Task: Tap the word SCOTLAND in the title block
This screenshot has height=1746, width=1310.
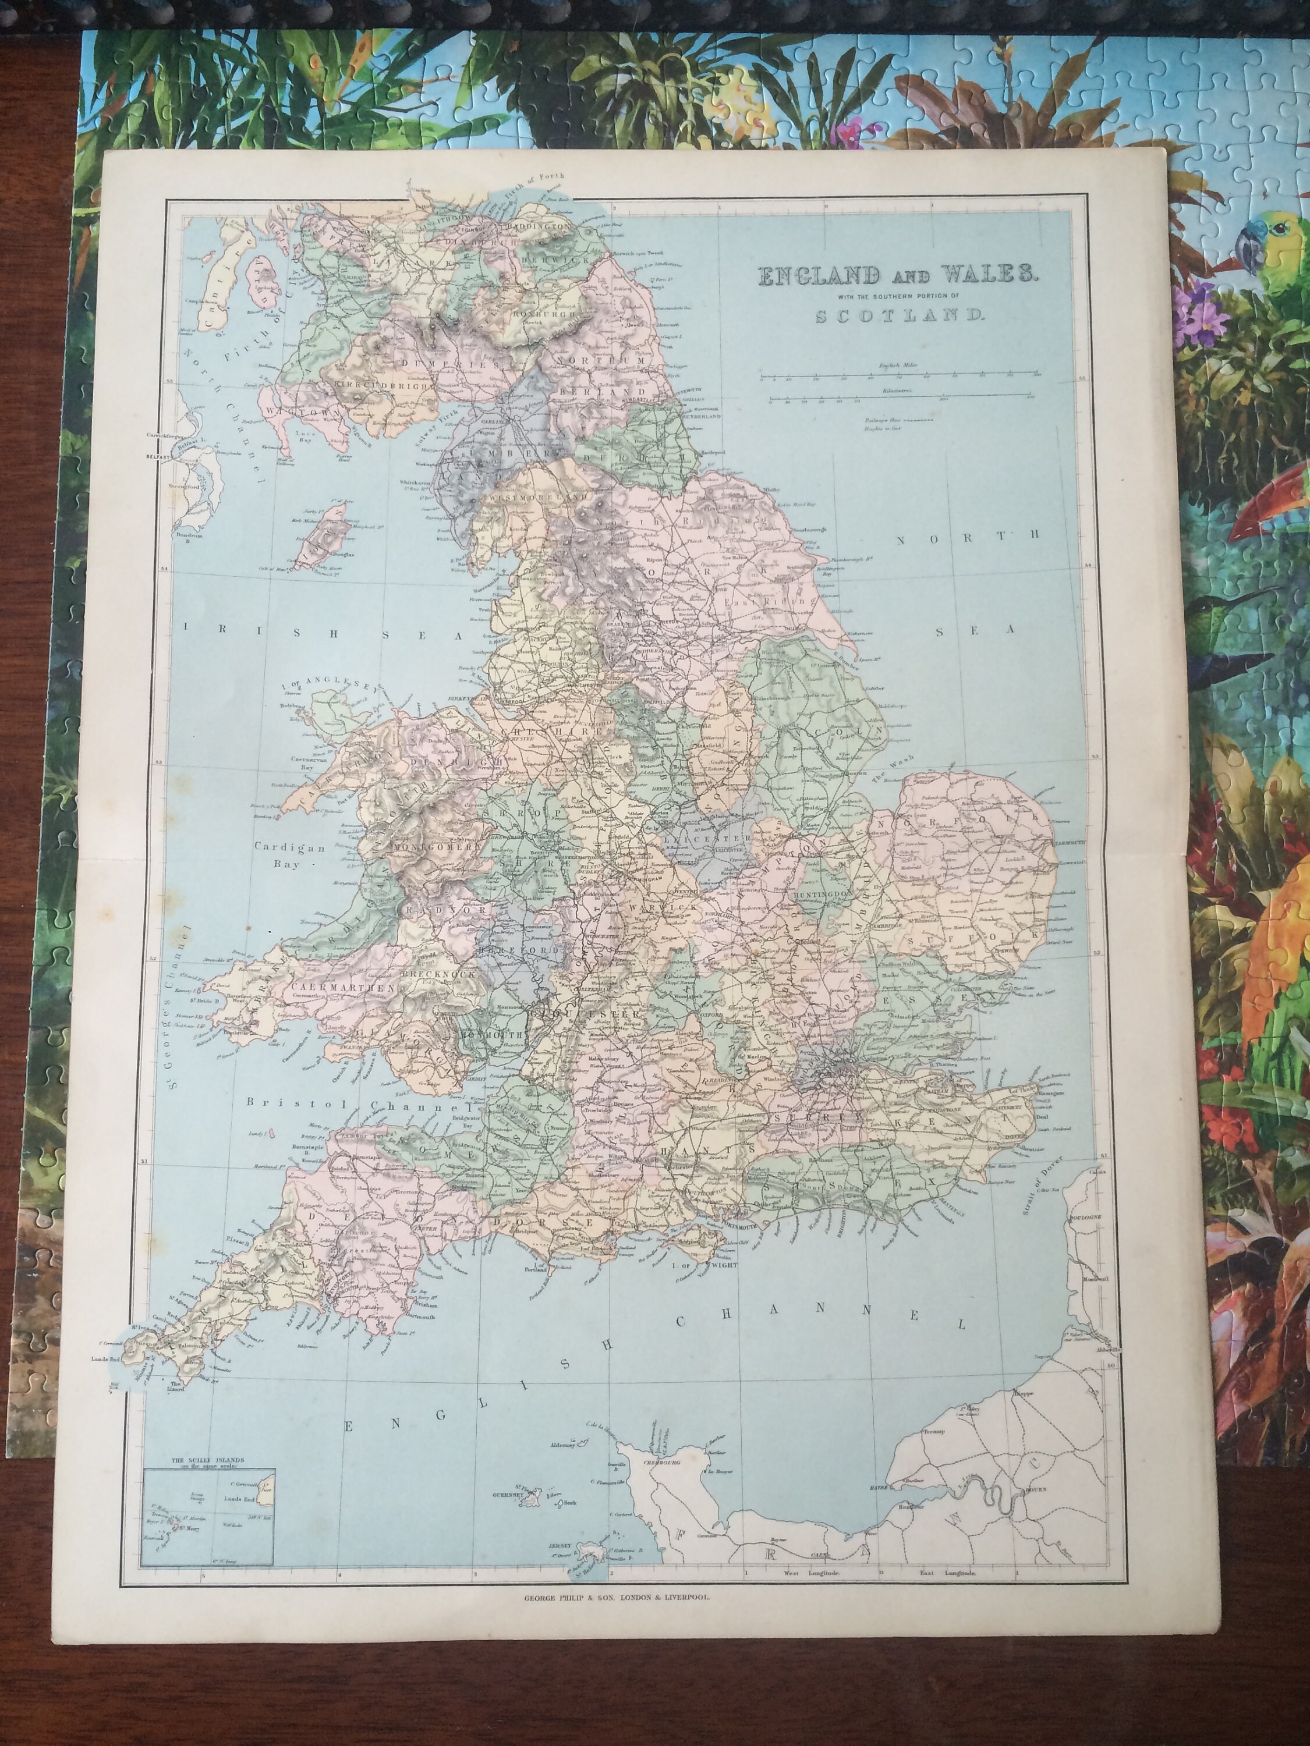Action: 898,315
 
